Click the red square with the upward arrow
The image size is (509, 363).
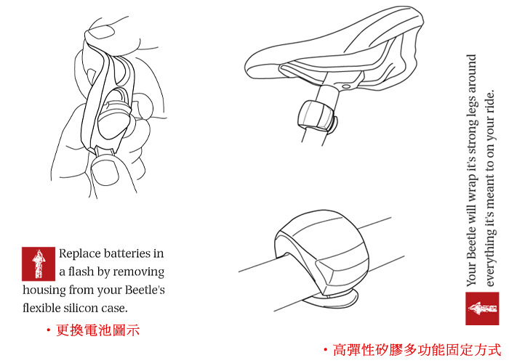coord(39,264)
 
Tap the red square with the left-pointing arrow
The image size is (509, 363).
coord(482,309)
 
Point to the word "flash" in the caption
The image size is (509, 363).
coord(81,272)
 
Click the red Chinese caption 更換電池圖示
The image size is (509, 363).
coord(97,330)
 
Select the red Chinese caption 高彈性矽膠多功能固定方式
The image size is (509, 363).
coord(417,350)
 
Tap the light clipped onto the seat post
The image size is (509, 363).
coord(317,118)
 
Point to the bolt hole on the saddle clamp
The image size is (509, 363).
coord(345,86)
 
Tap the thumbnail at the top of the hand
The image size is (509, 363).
coord(101,32)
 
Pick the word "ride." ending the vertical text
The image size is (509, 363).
coord(490,101)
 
